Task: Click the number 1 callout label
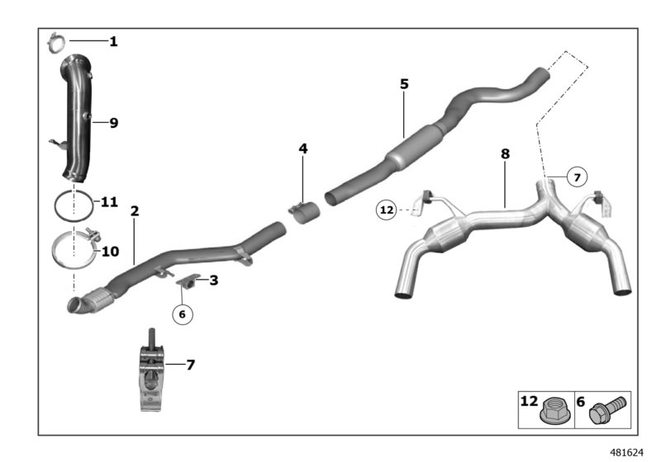113,40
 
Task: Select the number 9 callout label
113,123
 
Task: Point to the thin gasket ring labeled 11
72,204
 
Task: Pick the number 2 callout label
135,211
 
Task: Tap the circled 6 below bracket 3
183,313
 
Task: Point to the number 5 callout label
403,84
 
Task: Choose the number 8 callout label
505,153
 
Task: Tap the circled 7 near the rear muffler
577,177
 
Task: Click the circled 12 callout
386,210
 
